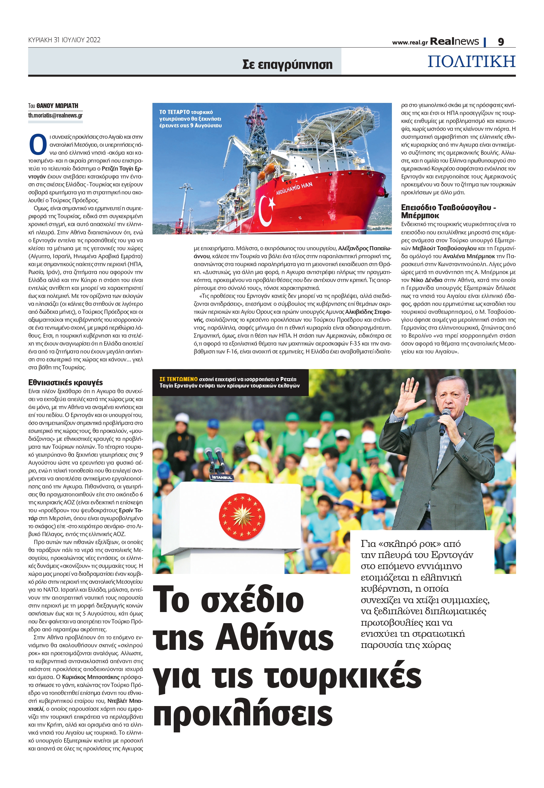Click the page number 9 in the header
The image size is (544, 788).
tap(500, 42)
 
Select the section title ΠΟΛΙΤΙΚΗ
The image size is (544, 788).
tap(471, 61)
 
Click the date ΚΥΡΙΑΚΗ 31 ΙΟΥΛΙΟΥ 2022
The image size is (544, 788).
tap(64, 40)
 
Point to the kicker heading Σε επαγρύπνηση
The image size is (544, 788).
tap(287, 64)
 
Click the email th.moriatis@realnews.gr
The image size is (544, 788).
tap(55, 115)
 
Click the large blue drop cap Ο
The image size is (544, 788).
tap(37, 145)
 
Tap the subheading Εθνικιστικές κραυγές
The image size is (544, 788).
tap(65, 382)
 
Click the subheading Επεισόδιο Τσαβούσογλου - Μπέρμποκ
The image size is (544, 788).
tap(448, 211)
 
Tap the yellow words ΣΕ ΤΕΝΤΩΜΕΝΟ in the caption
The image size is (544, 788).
tap(178, 379)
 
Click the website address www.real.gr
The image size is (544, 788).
tap(410, 43)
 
